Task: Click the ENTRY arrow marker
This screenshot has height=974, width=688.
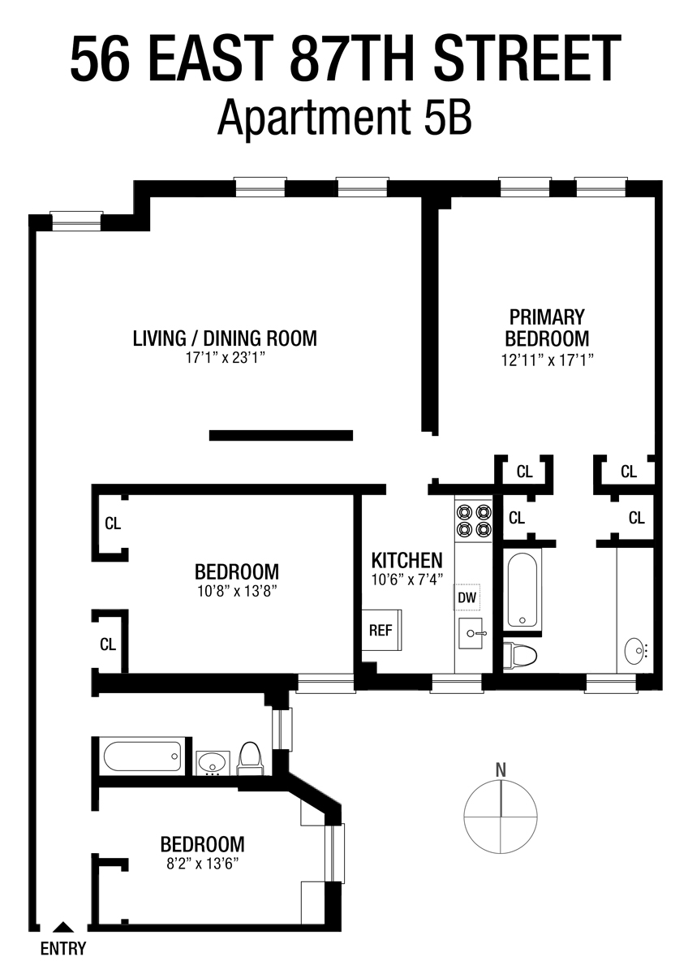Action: [62, 927]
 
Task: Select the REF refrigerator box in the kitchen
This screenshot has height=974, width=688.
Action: [381, 630]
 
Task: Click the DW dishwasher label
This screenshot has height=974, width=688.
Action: [467, 598]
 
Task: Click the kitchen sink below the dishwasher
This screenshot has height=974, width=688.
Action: [471, 632]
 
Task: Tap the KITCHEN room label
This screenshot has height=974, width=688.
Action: [406, 559]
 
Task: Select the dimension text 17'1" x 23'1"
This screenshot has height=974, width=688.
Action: [225, 358]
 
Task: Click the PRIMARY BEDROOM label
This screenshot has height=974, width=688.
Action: [547, 327]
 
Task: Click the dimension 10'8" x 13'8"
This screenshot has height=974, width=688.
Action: [236, 591]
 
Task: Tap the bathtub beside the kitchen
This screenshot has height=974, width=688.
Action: [524, 589]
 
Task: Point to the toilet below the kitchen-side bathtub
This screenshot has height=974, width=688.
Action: [519, 653]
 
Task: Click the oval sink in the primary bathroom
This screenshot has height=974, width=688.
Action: [635, 649]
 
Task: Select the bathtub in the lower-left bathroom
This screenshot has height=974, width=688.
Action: [143, 756]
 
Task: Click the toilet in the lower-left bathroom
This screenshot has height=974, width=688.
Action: [250, 758]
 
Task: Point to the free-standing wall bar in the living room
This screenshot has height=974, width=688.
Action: [281, 435]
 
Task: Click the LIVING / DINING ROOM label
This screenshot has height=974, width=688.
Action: [225, 338]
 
